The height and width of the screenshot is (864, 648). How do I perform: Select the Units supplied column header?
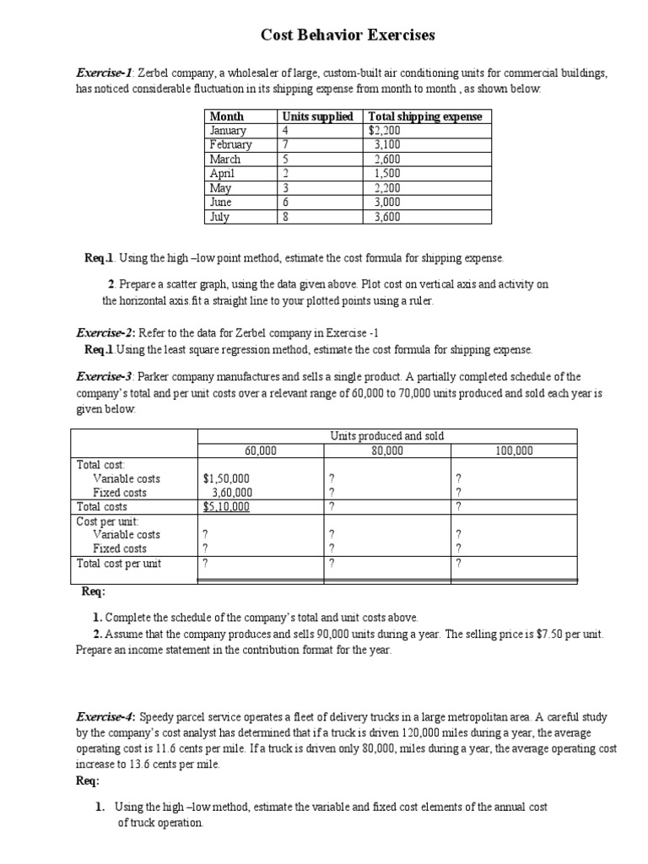[318, 116]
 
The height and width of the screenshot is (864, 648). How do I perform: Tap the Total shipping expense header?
[425, 116]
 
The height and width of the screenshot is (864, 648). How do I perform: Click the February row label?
[230, 145]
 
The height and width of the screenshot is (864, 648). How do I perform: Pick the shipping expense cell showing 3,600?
[387, 217]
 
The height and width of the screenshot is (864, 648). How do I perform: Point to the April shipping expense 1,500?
[387, 174]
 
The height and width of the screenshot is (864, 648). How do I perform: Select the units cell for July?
[286, 217]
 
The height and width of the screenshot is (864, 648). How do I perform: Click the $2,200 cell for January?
[385, 131]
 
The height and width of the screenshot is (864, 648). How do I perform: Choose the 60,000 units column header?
[261, 451]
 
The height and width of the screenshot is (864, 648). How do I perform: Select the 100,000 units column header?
[514, 451]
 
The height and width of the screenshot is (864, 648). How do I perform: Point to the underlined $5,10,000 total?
[226, 506]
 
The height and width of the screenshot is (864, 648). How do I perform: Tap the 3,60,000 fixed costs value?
[230, 493]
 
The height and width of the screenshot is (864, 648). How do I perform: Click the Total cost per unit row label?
[119, 563]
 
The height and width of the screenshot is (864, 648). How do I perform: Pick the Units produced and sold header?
[387, 436]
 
